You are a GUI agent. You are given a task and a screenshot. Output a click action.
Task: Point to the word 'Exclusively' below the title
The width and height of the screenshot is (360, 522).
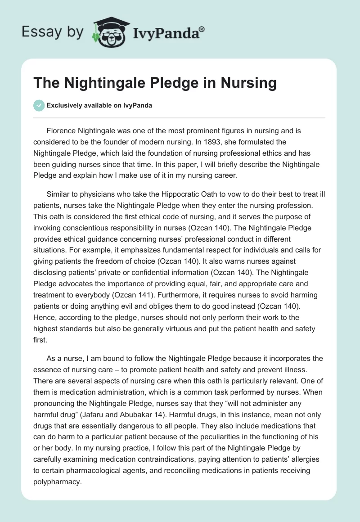pyautogui.click(x=63, y=106)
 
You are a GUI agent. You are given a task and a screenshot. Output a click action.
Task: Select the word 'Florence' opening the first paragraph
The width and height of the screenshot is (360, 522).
pyautogui.click(x=61, y=130)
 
